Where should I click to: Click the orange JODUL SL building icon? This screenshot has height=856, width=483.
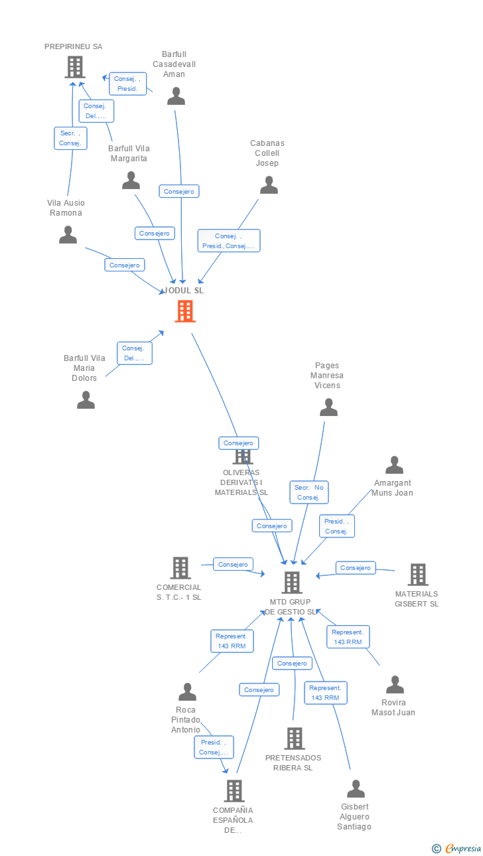coord(185,311)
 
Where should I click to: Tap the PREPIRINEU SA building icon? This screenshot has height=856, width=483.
coord(75,67)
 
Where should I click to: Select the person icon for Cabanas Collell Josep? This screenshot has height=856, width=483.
coord(269,185)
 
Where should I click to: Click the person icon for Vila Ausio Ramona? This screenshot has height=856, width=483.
coord(68,235)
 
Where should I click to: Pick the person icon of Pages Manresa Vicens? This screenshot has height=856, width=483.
coord(328,407)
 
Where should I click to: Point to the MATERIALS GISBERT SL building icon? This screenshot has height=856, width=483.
coord(418,575)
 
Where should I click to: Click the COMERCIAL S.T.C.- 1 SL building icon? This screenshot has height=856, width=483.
coord(180,568)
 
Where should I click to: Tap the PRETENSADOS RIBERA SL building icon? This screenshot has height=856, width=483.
coord(295,739)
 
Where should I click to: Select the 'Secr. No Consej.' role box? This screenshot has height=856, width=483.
coord(309,492)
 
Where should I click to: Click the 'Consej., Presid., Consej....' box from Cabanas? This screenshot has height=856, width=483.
coord(229,241)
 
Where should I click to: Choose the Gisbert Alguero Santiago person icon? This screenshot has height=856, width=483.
coord(356,789)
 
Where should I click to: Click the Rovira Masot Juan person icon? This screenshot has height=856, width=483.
coord(395,684)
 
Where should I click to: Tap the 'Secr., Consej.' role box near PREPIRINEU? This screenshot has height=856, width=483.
coord(71,138)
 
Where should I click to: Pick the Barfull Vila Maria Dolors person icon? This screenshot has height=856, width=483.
coord(86,399)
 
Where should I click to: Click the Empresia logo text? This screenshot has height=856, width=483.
coord(463,848)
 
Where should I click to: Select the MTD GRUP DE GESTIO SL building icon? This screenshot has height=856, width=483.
coord(292,583)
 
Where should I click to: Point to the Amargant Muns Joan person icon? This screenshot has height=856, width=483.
coord(394,464)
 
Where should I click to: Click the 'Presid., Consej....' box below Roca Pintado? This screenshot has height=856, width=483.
coord(214,747)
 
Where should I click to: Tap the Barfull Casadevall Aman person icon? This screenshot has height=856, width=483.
coord(176,96)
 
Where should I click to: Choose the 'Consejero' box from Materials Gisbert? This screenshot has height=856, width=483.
coord(356,568)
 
